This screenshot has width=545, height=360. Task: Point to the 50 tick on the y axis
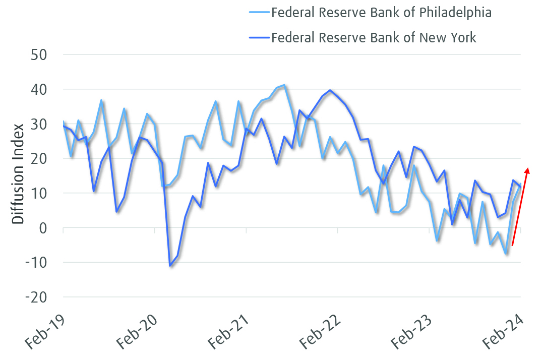tap(39, 54)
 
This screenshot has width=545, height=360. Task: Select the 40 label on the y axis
tap(39, 89)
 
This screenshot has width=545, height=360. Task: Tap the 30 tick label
tap(39, 124)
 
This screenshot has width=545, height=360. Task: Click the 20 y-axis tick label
tap(39, 158)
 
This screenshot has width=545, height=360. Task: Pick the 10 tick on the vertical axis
tap(39, 193)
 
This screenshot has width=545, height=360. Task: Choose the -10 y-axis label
tap(36, 263)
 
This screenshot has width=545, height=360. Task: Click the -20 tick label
tap(36, 297)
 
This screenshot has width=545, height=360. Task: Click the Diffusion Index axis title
tap(18, 174)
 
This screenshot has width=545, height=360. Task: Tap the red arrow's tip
tap(528, 169)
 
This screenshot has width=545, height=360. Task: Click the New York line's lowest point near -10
tap(170, 266)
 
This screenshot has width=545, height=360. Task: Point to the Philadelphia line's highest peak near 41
tap(285, 85)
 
